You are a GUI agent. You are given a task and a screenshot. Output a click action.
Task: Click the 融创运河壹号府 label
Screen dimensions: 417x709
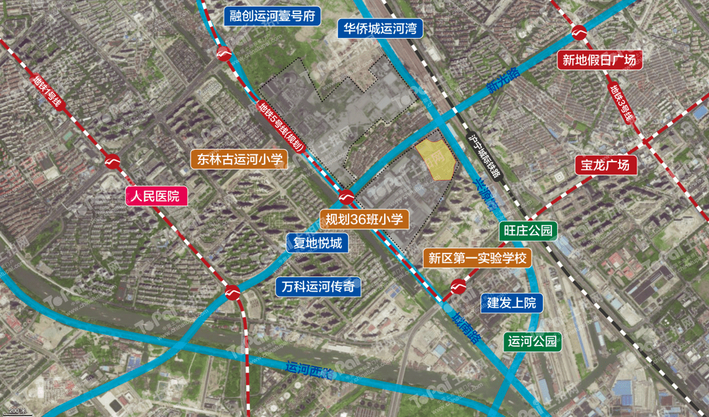tap(272, 16)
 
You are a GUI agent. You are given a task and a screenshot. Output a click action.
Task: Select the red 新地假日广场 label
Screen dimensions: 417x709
tap(599, 60)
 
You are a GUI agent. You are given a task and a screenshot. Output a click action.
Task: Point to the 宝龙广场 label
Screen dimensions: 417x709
tap(605, 164)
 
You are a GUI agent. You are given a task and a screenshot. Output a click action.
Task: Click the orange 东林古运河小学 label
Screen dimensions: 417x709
tap(239, 159)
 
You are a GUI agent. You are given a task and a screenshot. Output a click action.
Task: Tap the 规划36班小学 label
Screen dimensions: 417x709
tap(364, 219)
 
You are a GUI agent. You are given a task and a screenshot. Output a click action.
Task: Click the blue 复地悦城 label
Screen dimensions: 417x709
tap(317, 244)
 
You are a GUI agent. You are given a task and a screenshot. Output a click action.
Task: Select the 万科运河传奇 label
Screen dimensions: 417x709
tap(318, 286)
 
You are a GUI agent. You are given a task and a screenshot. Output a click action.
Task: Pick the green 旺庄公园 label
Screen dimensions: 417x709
tap(527, 230)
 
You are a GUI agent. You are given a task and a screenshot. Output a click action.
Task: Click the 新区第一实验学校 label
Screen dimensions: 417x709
tap(478, 258)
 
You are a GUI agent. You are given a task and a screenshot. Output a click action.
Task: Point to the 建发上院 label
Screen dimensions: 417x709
tap(511, 303)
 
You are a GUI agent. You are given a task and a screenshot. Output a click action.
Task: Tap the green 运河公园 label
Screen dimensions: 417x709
tap(532, 341)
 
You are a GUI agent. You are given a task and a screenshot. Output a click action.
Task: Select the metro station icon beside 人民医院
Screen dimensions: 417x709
tap(112, 161)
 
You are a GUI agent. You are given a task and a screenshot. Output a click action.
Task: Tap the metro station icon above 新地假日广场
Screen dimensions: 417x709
tap(580, 32)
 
